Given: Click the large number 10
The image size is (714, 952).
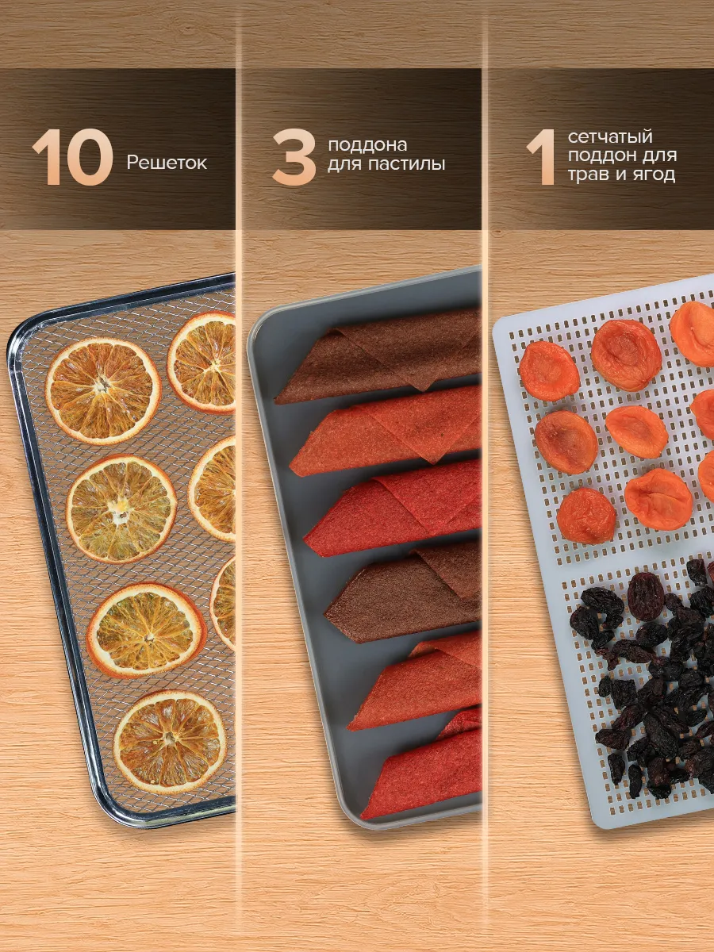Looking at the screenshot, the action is point(72,157).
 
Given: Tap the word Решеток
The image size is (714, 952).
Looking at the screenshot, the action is point(167,163).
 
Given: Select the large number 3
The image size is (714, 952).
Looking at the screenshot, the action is point(294,157).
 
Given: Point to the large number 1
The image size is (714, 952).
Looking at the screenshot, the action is point(542,157).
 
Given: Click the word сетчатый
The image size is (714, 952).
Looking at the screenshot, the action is point(610,137).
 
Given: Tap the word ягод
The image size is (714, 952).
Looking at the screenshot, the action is point(654,175).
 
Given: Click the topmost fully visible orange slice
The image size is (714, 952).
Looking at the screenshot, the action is point(103,392).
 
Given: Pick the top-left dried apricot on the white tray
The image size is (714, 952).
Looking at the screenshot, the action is point(549,370).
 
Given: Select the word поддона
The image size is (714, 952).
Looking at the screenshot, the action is point(367,146).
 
